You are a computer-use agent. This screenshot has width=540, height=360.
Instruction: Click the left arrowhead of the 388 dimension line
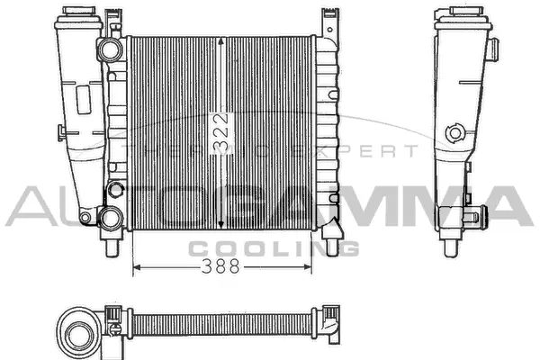[x=137, y=267]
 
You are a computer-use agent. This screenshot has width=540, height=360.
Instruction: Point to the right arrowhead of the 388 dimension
[x=308, y=267]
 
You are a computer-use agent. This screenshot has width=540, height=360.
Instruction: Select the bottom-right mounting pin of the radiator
[x=333, y=246]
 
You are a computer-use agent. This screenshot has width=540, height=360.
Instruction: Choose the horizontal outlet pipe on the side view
[x=478, y=216]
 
